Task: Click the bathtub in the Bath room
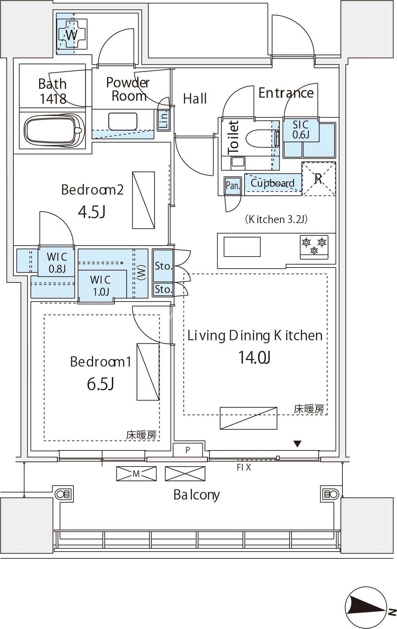click(x=55, y=129)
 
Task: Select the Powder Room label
click(x=128, y=89)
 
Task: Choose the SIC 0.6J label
click(x=301, y=129)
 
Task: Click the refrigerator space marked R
click(x=318, y=178)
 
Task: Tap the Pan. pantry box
click(x=233, y=185)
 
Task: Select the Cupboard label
click(x=272, y=183)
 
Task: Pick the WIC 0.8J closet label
click(x=57, y=262)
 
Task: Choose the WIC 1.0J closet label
click(x=100, y=285)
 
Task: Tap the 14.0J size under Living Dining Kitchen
click(x=255, y=357)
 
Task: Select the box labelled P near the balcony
click(x=188, y=450)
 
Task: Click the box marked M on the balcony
click(x=136, y=474)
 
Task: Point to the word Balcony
click(x=196, y=495)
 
